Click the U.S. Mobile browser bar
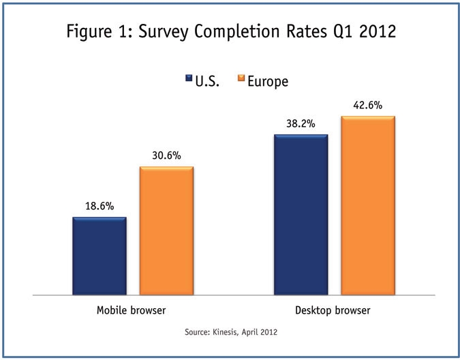pyautogui.click(x=99, y=256)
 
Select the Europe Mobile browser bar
pyautogui.click(x=166, y=230)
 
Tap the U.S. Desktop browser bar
pyautogui.click(x=301, y=214)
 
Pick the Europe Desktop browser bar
pyautogui.click(x=368, y=205)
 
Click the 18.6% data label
pyautogui.click(x=99, y=206)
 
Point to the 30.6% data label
pyautogui.click(x=166, y=155)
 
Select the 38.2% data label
pyautogui.click(x=301, y=123)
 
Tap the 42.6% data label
pyautogui.click(x=368, y=105)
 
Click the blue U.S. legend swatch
pyautogui.click(x=189, y=80)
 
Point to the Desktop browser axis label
pyautogui.click(x=333, y=311)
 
